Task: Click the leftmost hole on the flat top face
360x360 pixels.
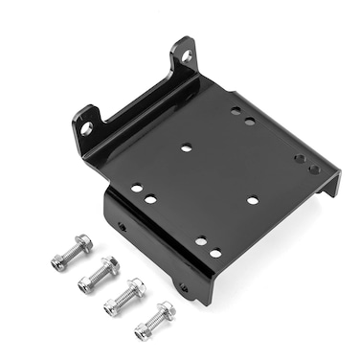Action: (137, 188)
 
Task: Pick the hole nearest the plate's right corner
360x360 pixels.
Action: (314, 169)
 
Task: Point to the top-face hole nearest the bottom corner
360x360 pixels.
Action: (215, 253)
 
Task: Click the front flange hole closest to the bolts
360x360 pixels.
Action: (121, 227)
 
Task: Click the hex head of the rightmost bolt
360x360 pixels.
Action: (142, 331)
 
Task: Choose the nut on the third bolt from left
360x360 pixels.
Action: (137, 287)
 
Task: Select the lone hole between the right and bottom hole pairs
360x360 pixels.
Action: (253, 200)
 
